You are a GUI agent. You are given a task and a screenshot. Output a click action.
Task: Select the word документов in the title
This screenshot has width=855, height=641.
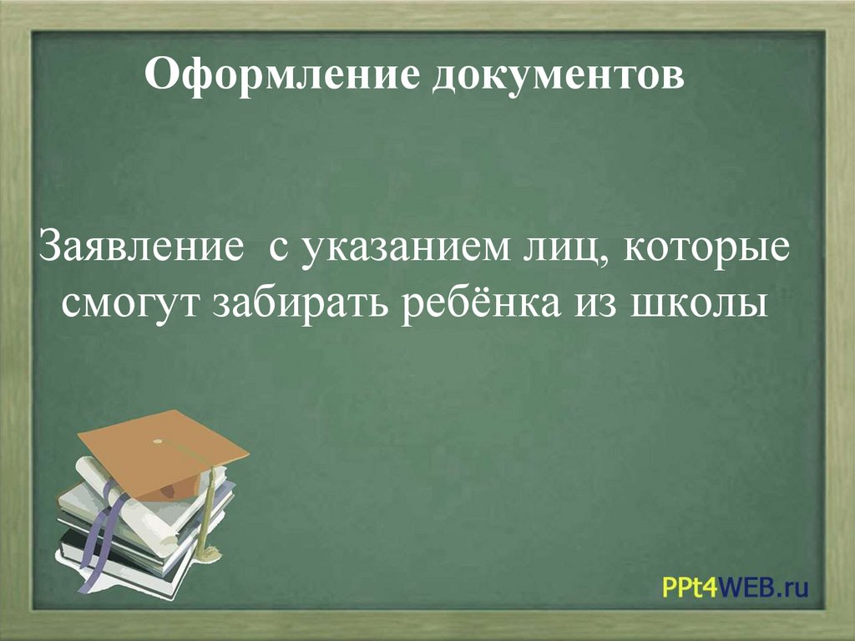tap(557, 78)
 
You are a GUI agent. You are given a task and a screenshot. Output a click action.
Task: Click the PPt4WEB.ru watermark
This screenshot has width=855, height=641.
tap(736, 588)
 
